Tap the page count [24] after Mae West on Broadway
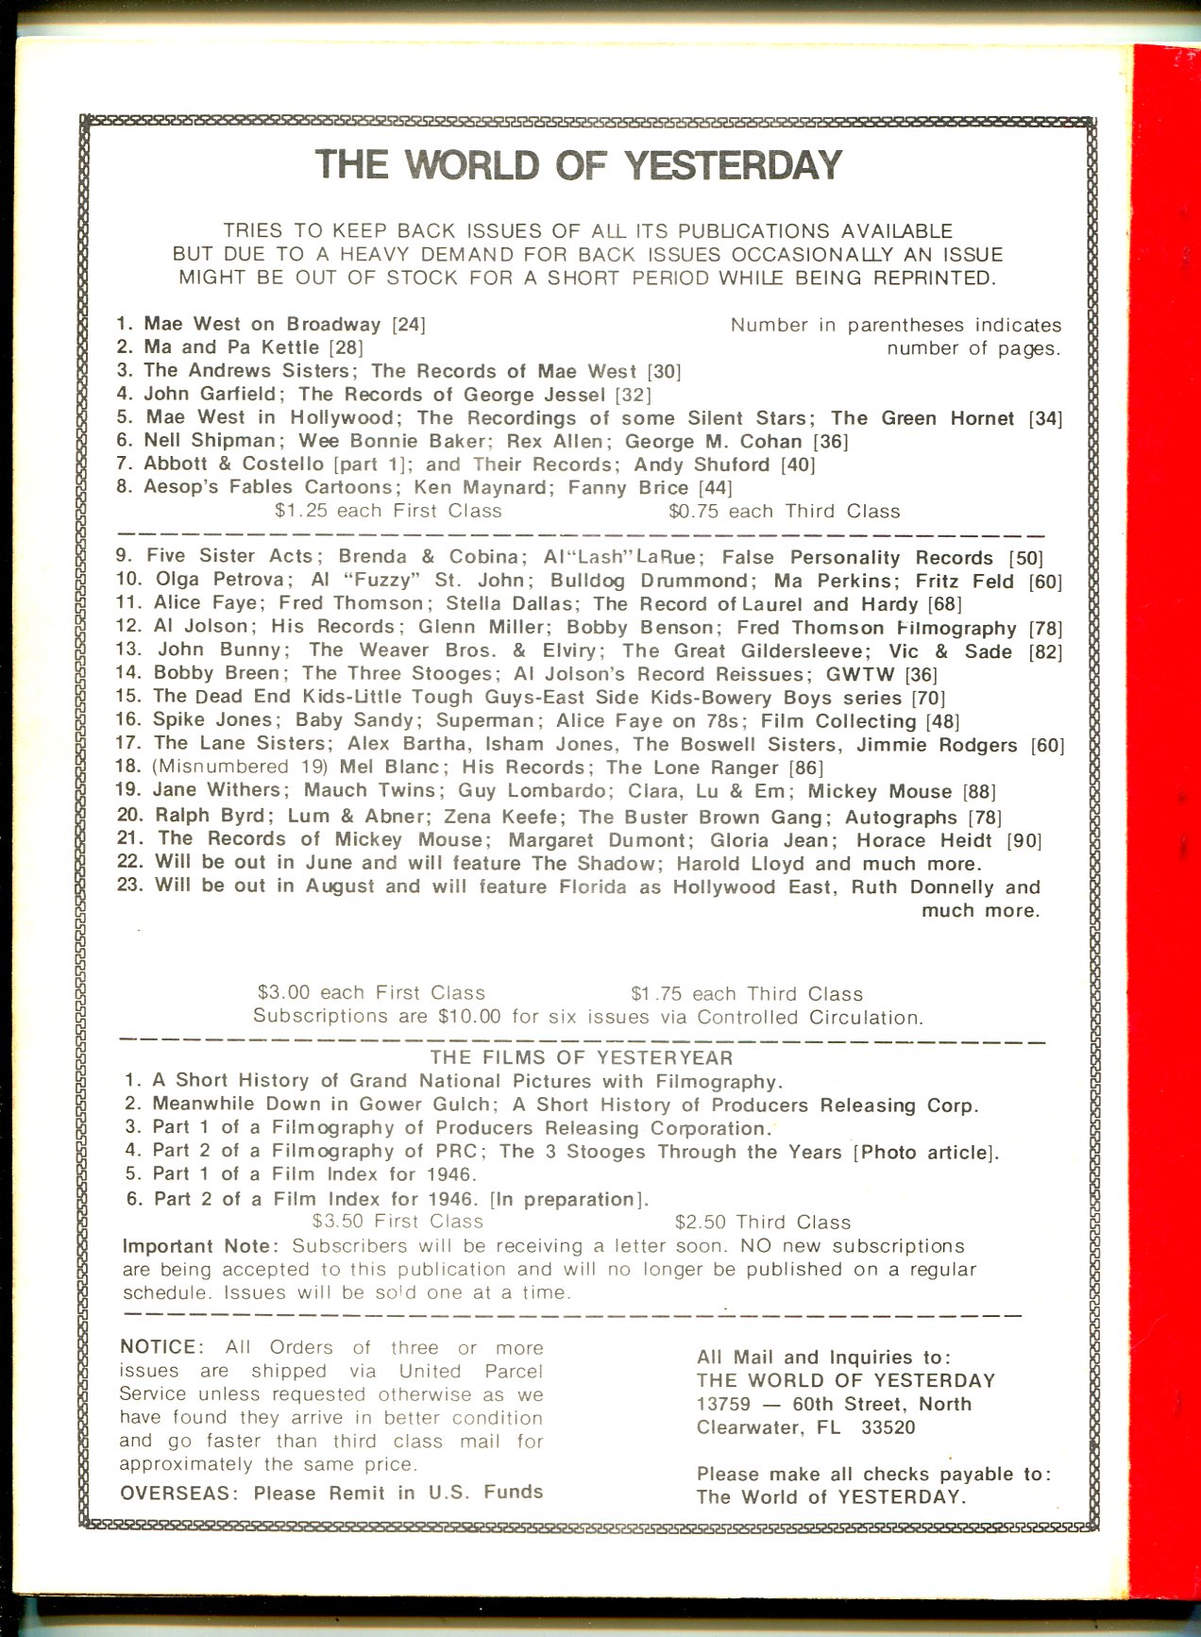[x=409, y=325]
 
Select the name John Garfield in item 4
[x=209, y=394]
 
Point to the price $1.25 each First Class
[x=388, y=511]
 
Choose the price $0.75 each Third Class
[x=784, y=512]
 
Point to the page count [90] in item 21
[x=1023, y=840]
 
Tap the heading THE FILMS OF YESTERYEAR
[x=582, y=1057]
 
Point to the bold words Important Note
[x=200, y=1246]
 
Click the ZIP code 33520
[x=888, y=1427]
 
